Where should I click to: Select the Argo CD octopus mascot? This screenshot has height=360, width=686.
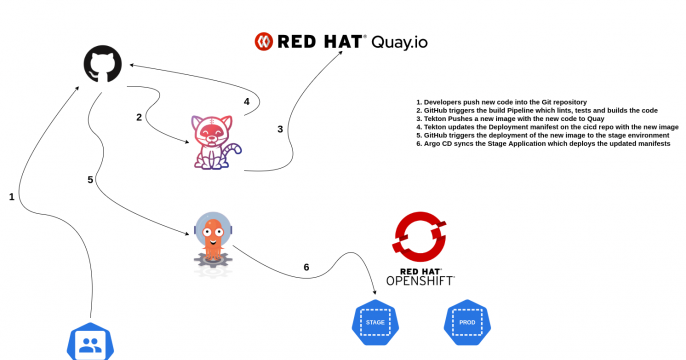pos(211,240)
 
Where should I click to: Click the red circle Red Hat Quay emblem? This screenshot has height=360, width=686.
pos(265,41)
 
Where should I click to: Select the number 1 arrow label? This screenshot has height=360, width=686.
pos(12,198)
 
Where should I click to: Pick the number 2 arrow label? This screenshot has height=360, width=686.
pos(139,117)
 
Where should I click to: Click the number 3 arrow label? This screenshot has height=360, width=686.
pos(280,129)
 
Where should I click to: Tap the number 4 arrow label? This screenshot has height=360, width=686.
pos(246,101)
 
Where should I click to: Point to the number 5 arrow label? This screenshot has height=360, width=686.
pos(90,180)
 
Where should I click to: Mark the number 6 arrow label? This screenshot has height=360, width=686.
pos(306,267)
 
